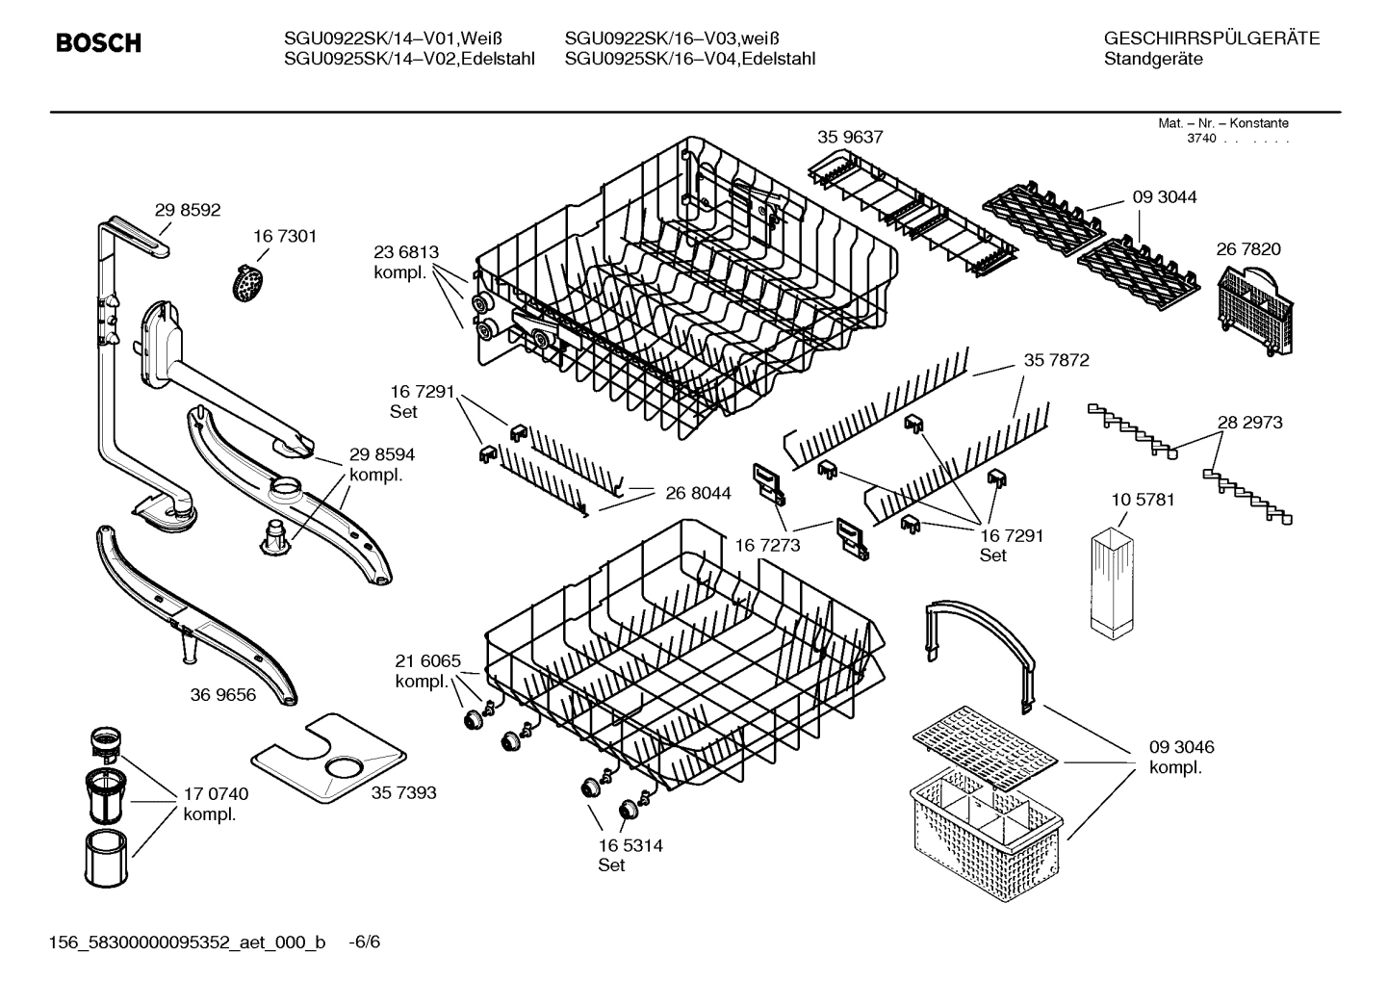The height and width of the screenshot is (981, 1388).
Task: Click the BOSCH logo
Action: (x=98, y=43)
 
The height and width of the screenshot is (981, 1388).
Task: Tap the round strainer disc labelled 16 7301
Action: (x=249, y=282)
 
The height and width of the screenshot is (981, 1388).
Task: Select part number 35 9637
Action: (x=850, y=138)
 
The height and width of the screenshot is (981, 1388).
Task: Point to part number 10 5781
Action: (x=1143, y=500)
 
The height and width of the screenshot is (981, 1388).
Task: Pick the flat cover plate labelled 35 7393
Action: (x=327, y=759)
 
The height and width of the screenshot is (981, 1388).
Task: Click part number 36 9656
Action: (x=223, y=694)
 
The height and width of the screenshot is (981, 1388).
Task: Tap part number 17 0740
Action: (x=216, y=794)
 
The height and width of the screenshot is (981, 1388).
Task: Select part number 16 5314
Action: (x=630, y=845)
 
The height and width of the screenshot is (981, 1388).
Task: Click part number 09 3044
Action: (x=1165, y=197)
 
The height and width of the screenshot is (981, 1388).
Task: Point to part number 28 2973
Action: (x=1249, y=422)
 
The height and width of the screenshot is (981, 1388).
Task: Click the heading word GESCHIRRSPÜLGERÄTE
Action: (x=1212, y=39)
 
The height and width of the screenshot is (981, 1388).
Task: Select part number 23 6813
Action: (x=406, y=252)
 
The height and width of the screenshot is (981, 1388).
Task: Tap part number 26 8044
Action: (x=698, y=493)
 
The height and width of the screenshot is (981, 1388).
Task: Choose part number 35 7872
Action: (x=1056, y=360)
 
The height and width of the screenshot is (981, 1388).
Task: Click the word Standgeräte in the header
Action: (x=1153, y=59)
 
